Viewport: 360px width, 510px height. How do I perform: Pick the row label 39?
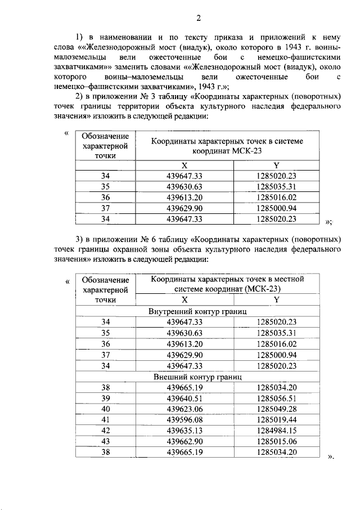(x=106, y=398)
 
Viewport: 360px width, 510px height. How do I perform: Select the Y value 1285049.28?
(x=276, y=409)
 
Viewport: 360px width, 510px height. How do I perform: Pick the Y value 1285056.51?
(x=276, y=398)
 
